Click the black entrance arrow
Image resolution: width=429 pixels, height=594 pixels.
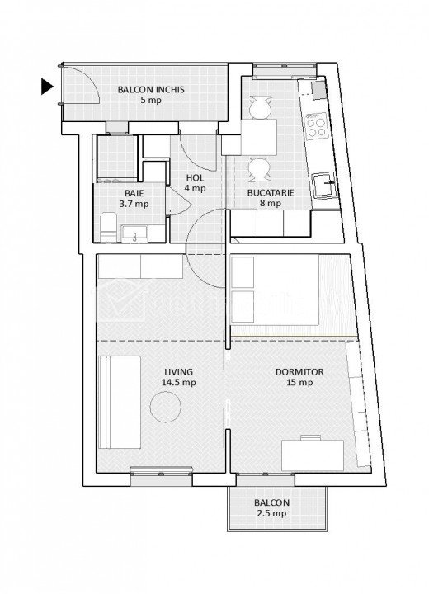(x=47, y=87)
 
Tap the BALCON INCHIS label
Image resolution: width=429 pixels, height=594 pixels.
(x=151, y=90)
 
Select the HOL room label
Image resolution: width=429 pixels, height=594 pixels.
(x=195, y=177)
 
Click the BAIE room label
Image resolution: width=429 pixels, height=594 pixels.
(x=134, y=193)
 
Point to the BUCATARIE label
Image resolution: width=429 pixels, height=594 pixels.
(x=271, y=192)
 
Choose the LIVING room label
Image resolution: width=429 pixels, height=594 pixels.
(x=178, y=372)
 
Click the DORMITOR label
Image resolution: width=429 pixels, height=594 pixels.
(x=299, y=372)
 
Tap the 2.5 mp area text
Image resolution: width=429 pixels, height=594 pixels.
(x=271, y=514)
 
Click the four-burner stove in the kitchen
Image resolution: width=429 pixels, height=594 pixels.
(x=316, y=127)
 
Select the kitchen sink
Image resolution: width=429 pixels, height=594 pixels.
(x=323, y=185)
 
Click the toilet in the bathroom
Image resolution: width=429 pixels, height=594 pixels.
(x=109, y=227)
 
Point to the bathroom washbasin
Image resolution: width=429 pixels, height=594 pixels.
(x=135, y=233)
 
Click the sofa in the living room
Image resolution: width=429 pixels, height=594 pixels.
(x=120, y=402)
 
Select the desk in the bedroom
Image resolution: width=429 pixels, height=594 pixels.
(x=313, y=455)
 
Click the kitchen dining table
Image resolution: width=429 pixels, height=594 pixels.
(x=258, y=137)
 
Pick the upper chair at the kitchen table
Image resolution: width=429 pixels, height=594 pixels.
(x=261, y=107)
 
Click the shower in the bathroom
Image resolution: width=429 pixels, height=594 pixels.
(x=117, y=158)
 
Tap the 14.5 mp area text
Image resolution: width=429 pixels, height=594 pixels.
(x=179, y=383)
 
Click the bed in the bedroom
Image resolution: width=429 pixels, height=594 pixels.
(x=275, y=290)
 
